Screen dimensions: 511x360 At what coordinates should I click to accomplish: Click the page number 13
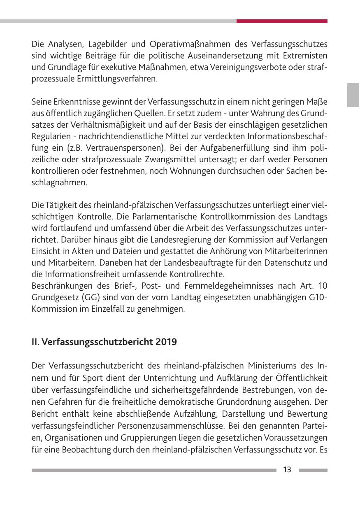(287, 470)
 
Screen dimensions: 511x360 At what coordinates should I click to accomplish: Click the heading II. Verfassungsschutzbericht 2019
(104, 342)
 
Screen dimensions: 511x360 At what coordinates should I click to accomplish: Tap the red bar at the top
(282, 21)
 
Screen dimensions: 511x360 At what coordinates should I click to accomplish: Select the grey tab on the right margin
(353, 95)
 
